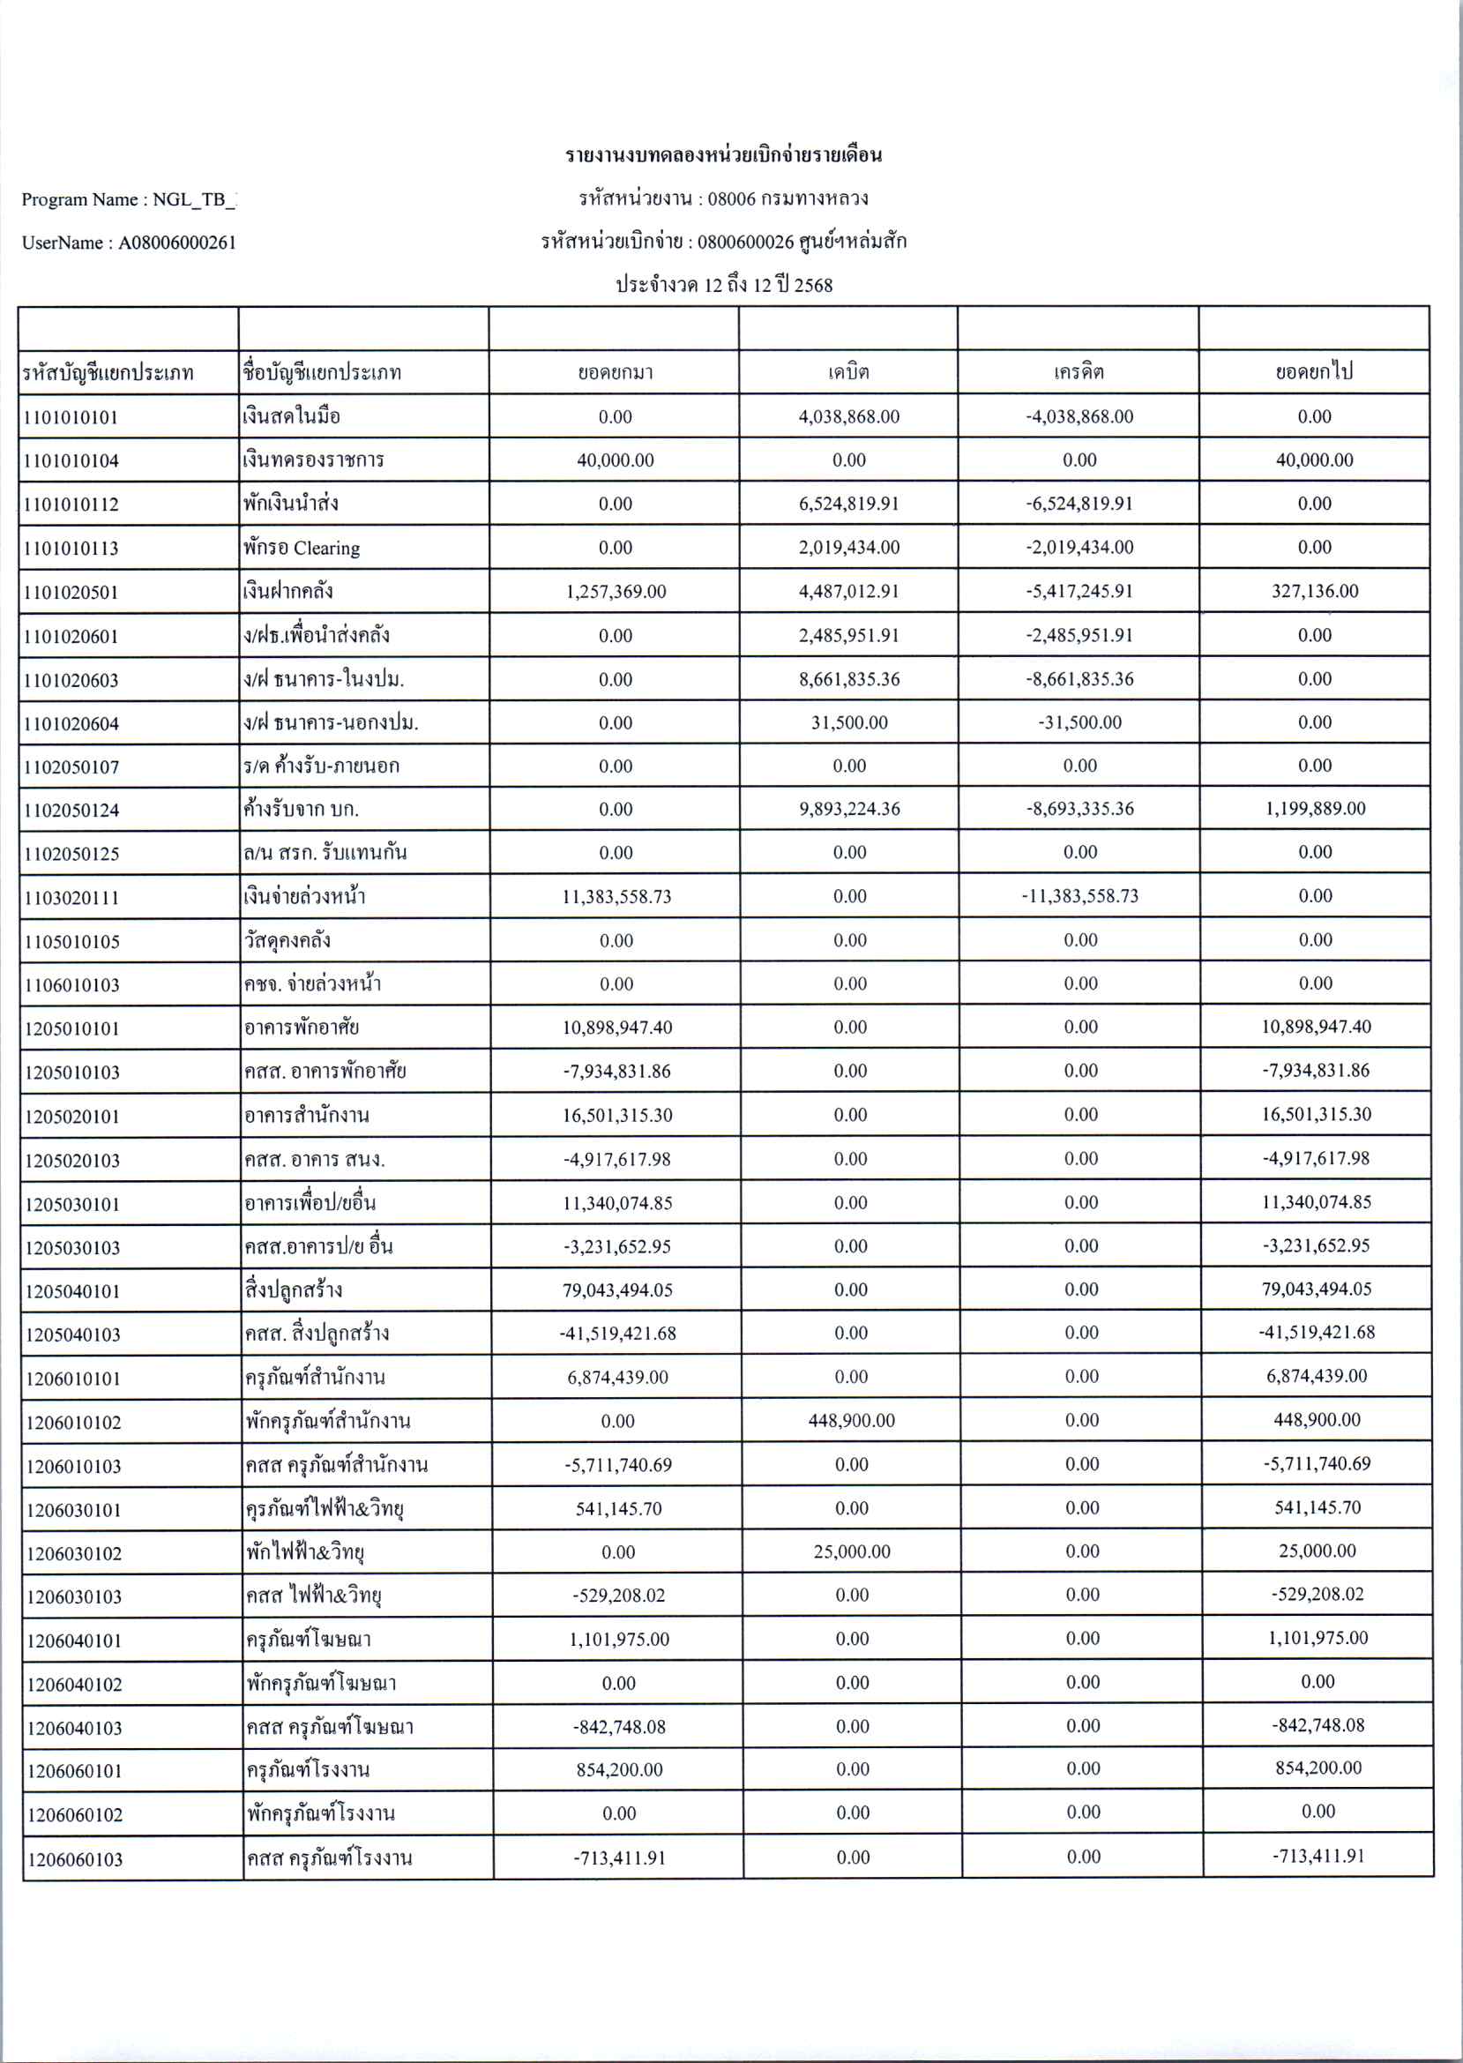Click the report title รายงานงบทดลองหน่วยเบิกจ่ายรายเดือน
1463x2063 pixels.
[723, 155]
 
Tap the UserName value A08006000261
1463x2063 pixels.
[177, 243]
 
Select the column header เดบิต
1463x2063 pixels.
[847, 372]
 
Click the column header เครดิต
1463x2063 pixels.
[1079, 372]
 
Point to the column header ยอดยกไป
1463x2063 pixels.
[1314, 372]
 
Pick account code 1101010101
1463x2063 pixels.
[71, 417]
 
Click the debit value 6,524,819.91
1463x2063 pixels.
[848, 504]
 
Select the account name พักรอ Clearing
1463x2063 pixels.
[302, 548]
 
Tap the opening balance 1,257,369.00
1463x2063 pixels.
[616, 592]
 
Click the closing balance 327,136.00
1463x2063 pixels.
[1314, 591]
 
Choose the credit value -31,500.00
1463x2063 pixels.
[1079, 722]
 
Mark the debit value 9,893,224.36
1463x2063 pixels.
[848, 809]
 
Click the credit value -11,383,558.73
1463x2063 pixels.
[1079, 896]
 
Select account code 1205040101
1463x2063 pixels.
[72, 1291]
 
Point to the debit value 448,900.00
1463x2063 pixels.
[851, 1421]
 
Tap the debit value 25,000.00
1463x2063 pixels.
[851, 1551]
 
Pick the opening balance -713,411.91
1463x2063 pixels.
[619, 1858]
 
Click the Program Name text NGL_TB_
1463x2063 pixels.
[194, 200]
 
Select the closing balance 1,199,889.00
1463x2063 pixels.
[1315, 809]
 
